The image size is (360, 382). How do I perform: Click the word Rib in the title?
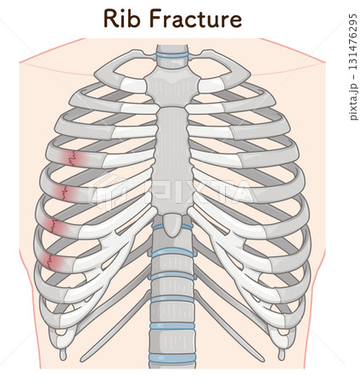coord(123,18)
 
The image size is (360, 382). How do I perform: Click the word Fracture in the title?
coord(196,19)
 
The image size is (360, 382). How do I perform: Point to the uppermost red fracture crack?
coord(72,158)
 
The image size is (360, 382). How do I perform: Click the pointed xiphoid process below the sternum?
coord(172,225)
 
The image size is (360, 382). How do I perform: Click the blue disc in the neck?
coord(172,55)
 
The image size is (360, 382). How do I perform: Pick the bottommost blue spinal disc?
coord(172,357)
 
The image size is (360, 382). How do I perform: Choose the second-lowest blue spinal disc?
coord(172,326)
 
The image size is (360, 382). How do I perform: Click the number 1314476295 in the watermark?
coord(352,46)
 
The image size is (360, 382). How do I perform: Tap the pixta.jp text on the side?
coord(353,103)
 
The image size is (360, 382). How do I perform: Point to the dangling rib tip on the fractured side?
coord(63,354)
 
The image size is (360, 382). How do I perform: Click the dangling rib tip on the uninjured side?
coord(281,354)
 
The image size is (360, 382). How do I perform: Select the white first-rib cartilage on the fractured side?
coord(133,85)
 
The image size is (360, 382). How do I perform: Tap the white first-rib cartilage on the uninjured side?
coord(211,85)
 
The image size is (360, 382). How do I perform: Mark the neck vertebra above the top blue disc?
coord(172,48)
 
